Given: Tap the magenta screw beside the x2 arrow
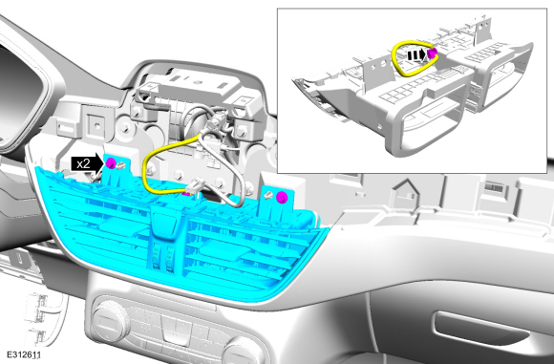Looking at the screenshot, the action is point(111,163).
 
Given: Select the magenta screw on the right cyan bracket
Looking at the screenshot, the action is point(282,197).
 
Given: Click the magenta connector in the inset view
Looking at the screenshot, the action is point(432,54).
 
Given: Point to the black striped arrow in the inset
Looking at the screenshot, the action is point(416,55).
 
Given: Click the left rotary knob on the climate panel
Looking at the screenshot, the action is point(111,320).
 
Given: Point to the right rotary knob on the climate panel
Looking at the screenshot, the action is point(244,353).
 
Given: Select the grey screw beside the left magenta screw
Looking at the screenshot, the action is point(121,164).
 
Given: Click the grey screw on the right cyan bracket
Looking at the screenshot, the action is point(269,194).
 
